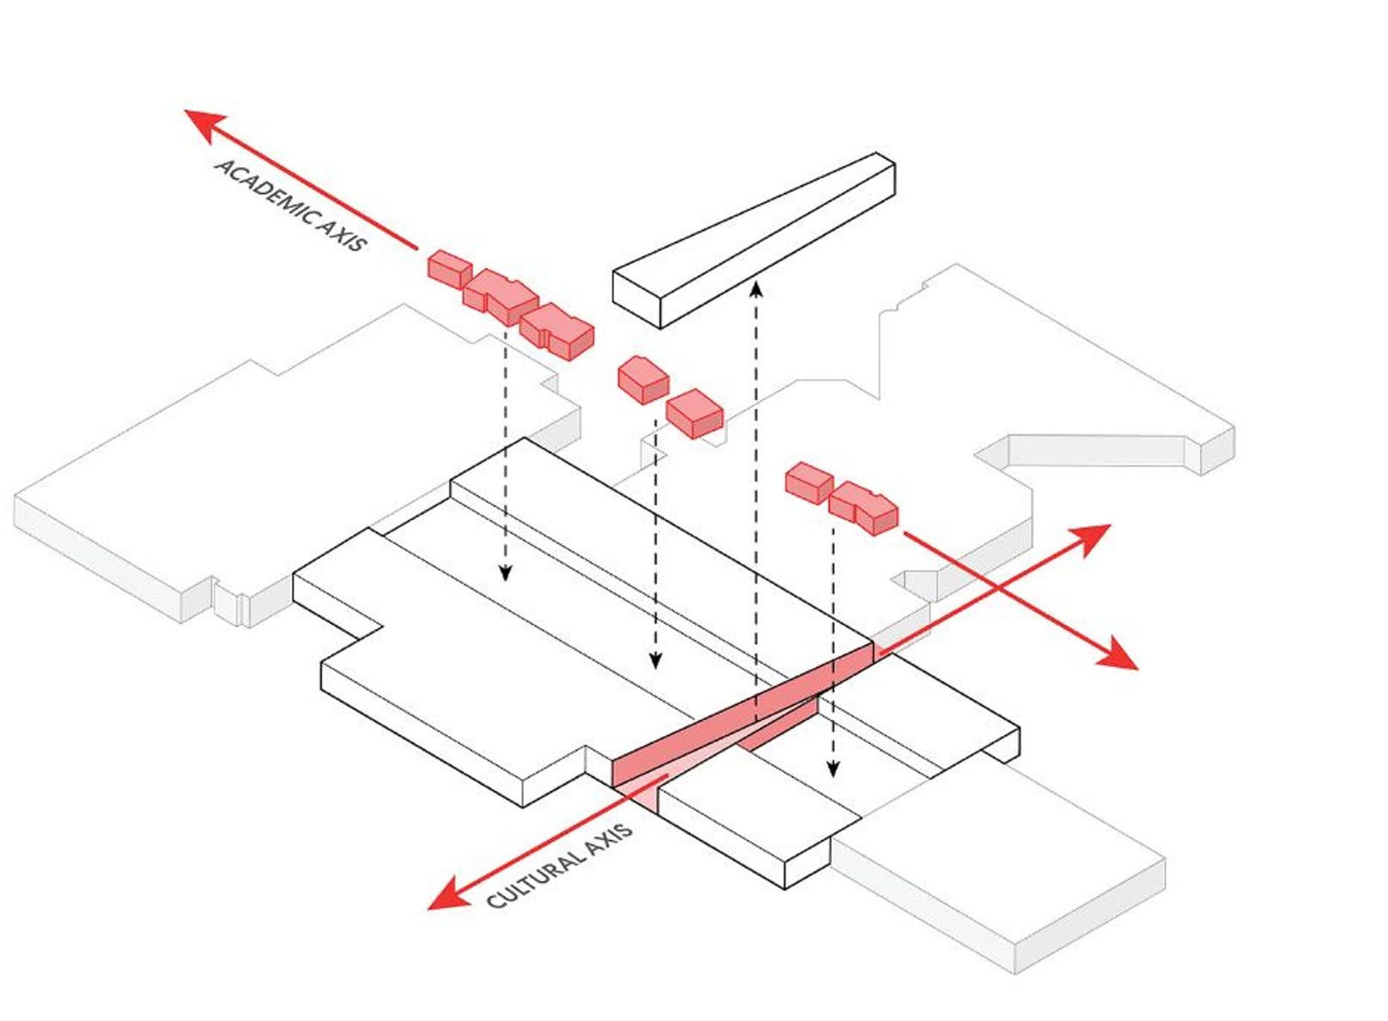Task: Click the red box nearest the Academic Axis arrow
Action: pos(449,269)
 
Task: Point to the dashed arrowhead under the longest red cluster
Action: pos(505,573)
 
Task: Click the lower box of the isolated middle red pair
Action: pos(693,413)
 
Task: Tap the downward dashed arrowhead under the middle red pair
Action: pos(656,661)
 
